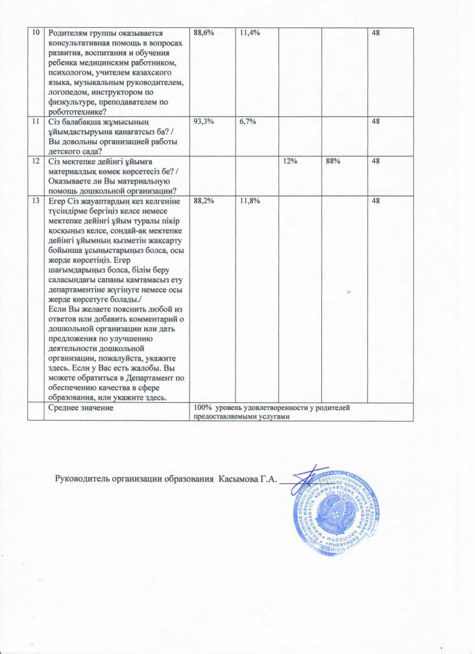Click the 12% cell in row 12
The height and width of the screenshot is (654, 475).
(289, 160)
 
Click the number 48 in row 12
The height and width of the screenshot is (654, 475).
(376, 160)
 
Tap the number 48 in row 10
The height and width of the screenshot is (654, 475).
(376, 32)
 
